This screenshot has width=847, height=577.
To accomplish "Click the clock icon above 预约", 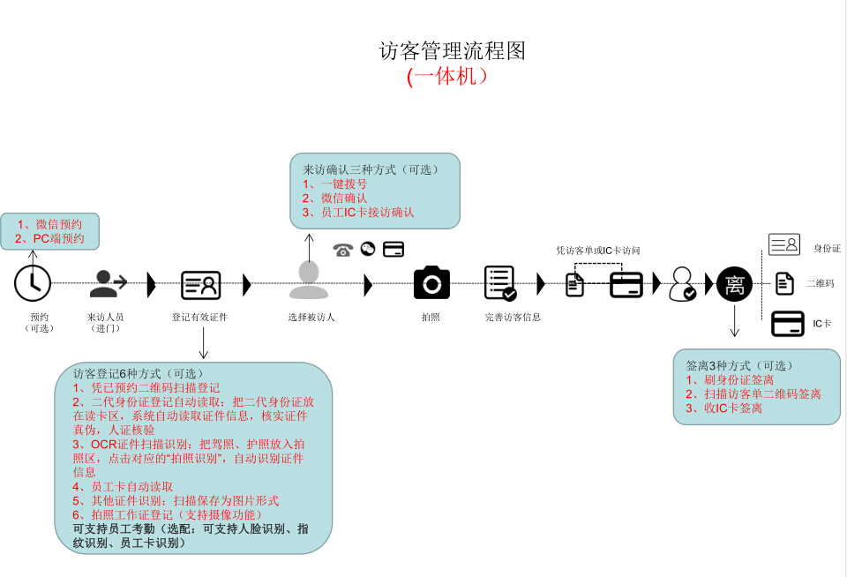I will coord(33,282).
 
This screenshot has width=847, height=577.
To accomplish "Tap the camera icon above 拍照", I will coord(431,282).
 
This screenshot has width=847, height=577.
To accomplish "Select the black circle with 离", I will coord(734,284).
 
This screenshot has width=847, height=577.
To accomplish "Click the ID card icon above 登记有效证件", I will coord(200,284).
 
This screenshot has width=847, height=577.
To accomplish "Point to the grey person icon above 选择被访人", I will coord(308,281).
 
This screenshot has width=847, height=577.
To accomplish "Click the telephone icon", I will coord(343,250).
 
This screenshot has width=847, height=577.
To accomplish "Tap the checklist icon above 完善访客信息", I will coord(500,283).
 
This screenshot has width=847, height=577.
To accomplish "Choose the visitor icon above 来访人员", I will coord(109,283).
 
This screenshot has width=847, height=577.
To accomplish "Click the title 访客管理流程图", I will coord(452,51).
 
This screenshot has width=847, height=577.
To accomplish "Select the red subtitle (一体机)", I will coord(447,77).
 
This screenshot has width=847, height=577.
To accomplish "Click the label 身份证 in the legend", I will coord(827,249).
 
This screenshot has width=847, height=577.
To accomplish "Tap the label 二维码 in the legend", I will coord(821,284).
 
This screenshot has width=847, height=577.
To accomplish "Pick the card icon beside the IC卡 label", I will coord(787,324).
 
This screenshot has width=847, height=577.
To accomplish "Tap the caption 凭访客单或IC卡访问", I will coord(597,251).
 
